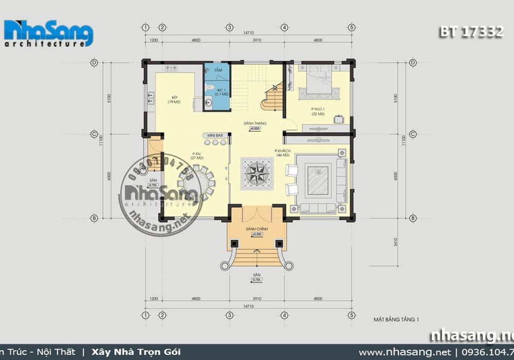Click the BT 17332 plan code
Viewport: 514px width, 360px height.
pyautogui.click(x=471, y=32)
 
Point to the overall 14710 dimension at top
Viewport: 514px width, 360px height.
pyautogui.click(x=248, y=32)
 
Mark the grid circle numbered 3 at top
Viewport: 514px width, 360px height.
pyautogui.click(x=230, y=27)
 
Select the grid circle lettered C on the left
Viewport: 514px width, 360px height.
pyautogui.click(x=95, y=134)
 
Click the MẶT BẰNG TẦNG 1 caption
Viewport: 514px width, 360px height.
pyautogui.click(x=396, y=319)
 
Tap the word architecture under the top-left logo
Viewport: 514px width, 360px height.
pyautogui.click(x=44, y=45)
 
